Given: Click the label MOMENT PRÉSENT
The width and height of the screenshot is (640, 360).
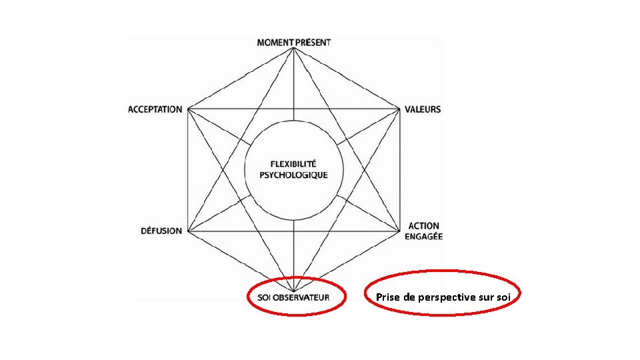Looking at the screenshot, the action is (294, 42).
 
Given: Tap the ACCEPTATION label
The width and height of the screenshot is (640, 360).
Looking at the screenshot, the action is (155, 109).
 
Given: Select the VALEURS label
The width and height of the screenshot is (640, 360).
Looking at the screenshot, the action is (423, 109).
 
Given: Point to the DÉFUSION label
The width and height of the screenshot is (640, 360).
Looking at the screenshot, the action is (161, 231).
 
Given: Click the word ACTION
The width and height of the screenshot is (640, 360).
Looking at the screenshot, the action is (424, 227).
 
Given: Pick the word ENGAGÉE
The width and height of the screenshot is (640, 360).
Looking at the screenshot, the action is (424, 236).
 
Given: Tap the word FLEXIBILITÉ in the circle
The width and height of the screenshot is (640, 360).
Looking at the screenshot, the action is (293, 164).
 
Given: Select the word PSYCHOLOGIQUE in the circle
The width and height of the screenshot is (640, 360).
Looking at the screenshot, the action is (293, 175).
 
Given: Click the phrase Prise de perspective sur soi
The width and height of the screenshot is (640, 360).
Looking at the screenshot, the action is (443, 297).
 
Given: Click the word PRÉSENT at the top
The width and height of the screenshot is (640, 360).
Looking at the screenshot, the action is (313, 42).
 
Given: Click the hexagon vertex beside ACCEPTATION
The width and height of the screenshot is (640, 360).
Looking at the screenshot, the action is (188, 109).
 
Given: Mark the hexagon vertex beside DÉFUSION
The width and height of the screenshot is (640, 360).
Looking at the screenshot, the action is (188, 231).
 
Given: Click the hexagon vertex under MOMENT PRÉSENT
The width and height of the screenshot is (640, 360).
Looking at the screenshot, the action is (294, 49).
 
